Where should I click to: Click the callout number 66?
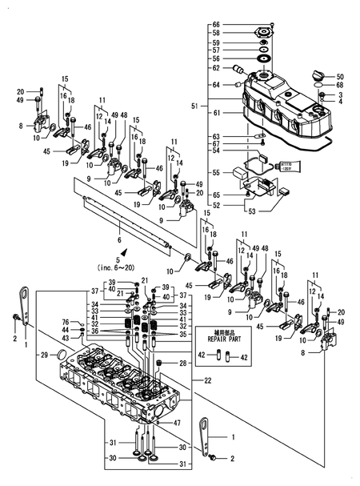click(215, 25)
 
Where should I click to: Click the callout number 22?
click(209, 380)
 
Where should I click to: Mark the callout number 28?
click(183, 364)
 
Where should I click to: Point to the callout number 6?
click(120, 239)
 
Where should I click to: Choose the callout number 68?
click(340, 86)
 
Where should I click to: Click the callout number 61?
click(215, 114)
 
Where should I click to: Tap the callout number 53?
click(252, 212)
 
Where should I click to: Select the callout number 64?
click(215, 84)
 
